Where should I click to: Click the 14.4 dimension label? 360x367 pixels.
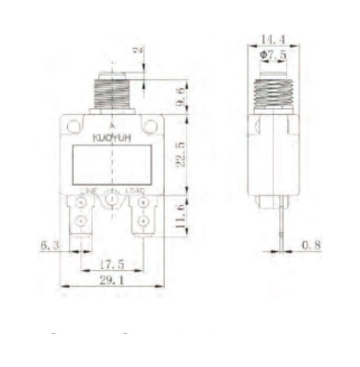[x=273, y=39]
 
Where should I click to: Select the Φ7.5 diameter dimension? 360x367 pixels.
[x=273, y=56]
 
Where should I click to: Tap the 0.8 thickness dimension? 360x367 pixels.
[x=311, y=245]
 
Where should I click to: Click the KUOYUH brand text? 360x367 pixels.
[x=112, y=139]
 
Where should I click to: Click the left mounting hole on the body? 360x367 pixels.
[x=74, y=126]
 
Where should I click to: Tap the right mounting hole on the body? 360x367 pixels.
[x=150, y=126]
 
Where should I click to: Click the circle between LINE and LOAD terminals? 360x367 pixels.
[x=112, y=199]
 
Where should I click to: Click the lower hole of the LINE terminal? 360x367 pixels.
[x=81, y=222]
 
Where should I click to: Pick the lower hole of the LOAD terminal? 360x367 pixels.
[x=143, y=222]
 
